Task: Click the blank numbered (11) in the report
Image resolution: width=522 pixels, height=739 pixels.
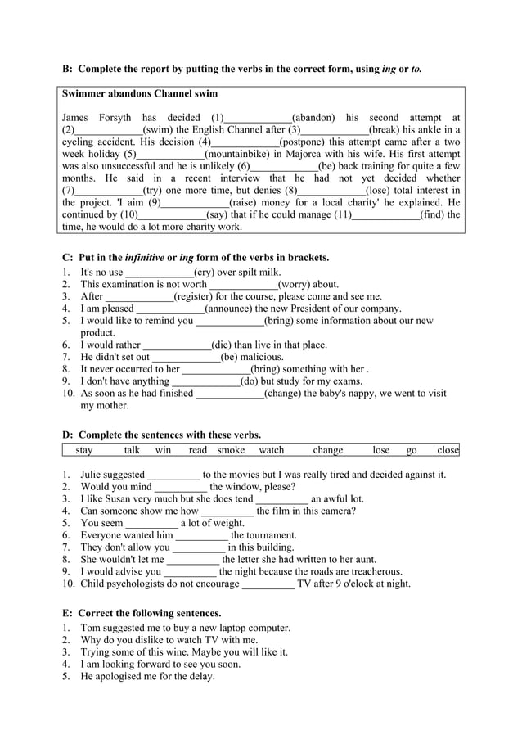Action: pyautogui.click(x=385, y=214)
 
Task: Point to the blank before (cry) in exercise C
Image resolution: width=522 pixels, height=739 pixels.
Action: pyautogui.click(x=160, y=273)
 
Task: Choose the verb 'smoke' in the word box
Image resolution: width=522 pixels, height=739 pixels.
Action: pyautogui.click(x=231, y=450)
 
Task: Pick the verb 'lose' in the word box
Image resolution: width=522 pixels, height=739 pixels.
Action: pyautogui.click(x=381, y=450)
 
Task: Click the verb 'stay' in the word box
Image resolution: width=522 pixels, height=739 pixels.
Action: pyautogui.click(x=84, y=450)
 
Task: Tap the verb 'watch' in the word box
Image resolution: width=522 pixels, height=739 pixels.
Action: pyautogui.click(x=272, y=450)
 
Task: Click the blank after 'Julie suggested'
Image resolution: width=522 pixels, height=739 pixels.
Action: pyautogui.click(x=173, y=474)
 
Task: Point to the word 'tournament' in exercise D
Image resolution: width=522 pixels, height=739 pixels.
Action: pyautogui.click(x=271, y=535)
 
